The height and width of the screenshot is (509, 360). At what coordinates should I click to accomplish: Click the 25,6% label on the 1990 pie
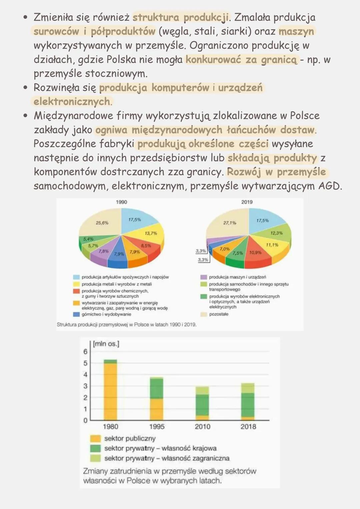pyautogui.click(x=102, y=223)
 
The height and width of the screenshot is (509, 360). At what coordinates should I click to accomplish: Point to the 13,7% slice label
pyautogui.click(x=151, y=233)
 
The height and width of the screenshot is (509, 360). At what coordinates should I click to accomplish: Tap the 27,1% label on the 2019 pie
pyautogui.click(x=230, y=223)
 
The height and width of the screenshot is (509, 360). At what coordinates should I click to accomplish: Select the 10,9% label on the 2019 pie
pyautogui.click(x=255, y=253)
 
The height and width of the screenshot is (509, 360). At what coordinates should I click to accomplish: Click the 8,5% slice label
pyautogui.click(x=146, y=246)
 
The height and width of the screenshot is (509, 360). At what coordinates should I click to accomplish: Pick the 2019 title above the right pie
pyautogui.click(x=247, y=202)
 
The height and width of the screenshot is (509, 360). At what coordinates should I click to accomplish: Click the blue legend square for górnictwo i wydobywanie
pyautogui.click(x=76, y=314)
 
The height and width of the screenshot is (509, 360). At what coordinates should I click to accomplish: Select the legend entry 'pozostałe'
pyautogui.click(x=219, y=314)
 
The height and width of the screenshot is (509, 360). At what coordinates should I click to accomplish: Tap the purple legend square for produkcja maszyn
pyautogui.click(x=203, y=277)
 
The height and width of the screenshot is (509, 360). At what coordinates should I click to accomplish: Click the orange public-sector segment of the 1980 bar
pyautogui.click(x=110, y=390)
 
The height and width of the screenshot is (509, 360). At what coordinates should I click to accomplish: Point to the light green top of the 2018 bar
pyautogui.click(x=248, y=388)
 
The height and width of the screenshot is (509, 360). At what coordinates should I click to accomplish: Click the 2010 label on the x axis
pyautogui.click(x=202, y=427)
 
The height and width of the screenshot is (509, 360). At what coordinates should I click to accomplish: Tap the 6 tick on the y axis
pyautogui.click(x=85, y=352)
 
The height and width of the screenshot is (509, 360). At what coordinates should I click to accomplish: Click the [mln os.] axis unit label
pyautogui.click(x=106, y=344)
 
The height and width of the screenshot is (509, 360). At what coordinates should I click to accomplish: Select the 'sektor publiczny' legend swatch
pyautogui.click(x=95, y=438)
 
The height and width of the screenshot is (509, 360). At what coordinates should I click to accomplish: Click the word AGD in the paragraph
pyautogui.click(x=330, y=186)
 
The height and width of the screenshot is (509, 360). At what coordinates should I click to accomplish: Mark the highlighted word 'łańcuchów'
pyautogui.click(x=251, y=130)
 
